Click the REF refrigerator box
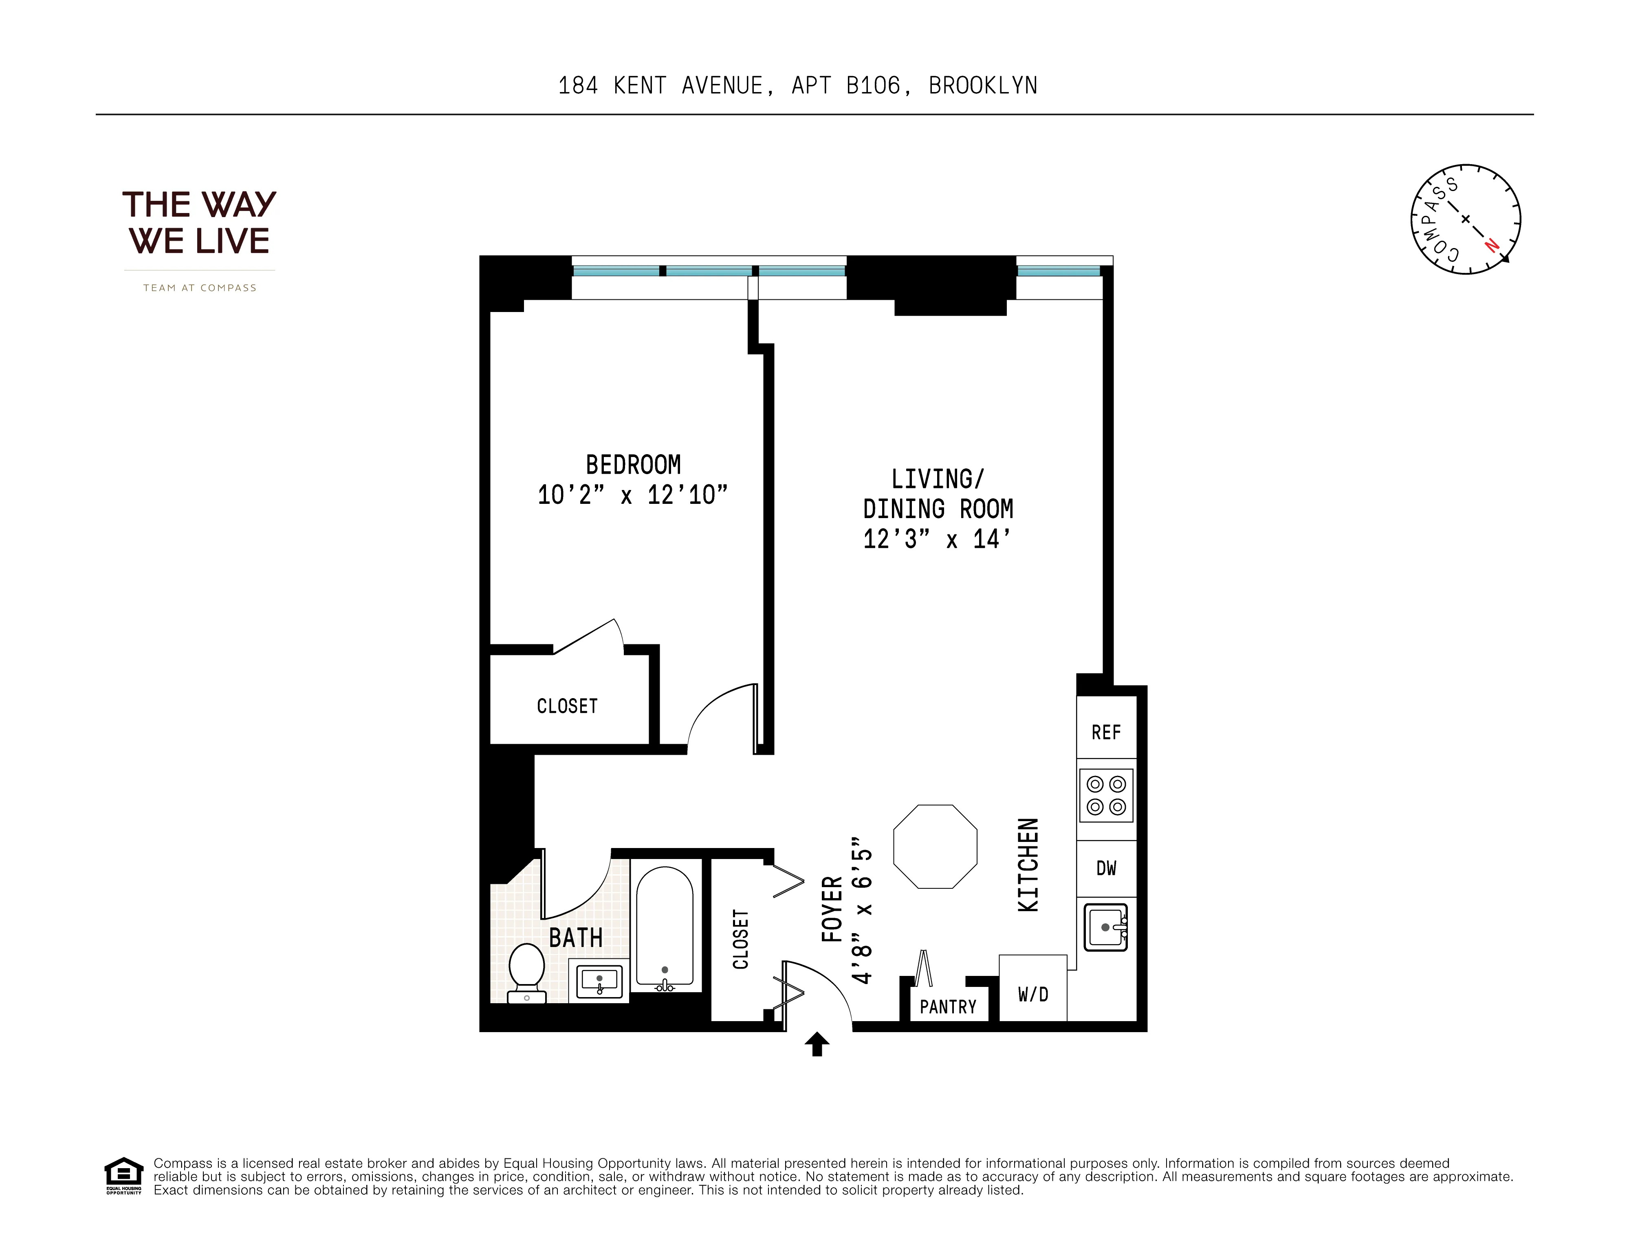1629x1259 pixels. point(1106,732)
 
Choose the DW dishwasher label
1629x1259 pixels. point(1106,868)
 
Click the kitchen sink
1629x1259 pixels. point(1105,927)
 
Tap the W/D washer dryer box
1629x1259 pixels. point(1033,993)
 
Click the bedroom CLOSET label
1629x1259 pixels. point(567,706)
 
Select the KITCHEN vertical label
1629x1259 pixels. point(1028,865)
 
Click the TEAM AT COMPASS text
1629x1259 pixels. point(200,288)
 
